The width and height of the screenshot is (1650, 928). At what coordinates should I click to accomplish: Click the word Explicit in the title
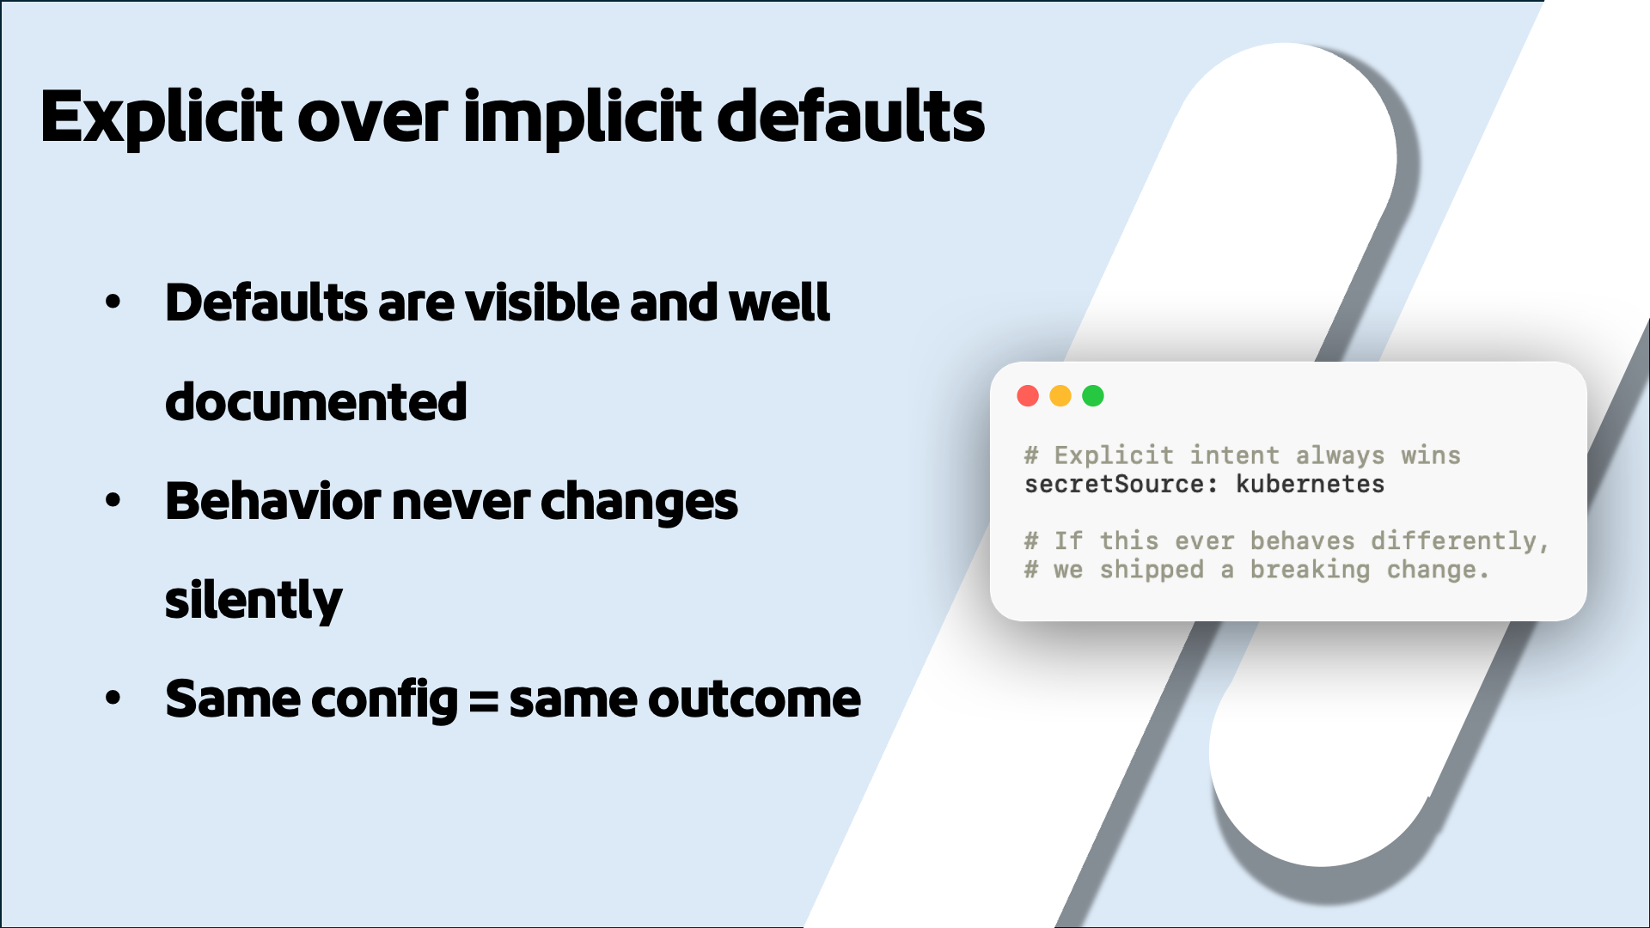point(161,118)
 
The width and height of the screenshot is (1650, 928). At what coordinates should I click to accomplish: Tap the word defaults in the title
point(851,116)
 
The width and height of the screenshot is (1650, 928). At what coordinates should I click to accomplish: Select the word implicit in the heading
point(584,118)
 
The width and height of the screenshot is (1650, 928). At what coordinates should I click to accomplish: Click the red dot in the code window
point(1028,396)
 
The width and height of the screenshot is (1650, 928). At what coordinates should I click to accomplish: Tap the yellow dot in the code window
point(1060,396)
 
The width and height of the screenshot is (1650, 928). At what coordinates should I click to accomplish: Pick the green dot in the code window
point(1093,396)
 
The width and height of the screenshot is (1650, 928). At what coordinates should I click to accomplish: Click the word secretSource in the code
point(1115,485)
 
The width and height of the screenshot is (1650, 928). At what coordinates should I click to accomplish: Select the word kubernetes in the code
point(1310,485)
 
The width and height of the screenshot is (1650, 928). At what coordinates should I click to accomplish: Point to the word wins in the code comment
point(1431,455)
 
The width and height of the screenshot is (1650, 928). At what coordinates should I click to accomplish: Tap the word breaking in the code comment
point(1310,570)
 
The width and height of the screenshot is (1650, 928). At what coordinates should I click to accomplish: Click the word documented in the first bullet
point(315,402)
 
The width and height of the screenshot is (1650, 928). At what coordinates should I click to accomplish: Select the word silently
point(254,601)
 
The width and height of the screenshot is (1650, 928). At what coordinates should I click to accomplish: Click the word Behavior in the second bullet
point(272,501)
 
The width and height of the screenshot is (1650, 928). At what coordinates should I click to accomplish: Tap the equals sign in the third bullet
point(484,700)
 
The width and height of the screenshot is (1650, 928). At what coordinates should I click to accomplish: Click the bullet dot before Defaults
point(113,302)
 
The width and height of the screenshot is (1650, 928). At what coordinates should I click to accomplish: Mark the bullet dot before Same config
point(113,699)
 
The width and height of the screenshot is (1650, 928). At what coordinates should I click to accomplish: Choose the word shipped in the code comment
point(1152,570)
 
